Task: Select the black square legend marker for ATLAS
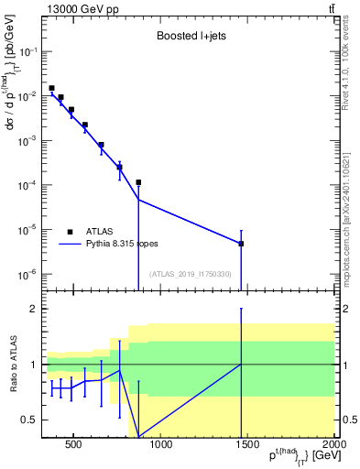70,232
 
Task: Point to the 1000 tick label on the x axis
161,445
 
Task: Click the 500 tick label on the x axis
74,445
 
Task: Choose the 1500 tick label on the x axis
248,445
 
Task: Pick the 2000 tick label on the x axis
334,445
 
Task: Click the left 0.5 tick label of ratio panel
31,420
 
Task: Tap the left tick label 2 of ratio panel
36,309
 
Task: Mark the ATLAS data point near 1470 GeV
241,244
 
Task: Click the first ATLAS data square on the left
52,88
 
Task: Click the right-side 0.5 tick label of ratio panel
350,420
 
